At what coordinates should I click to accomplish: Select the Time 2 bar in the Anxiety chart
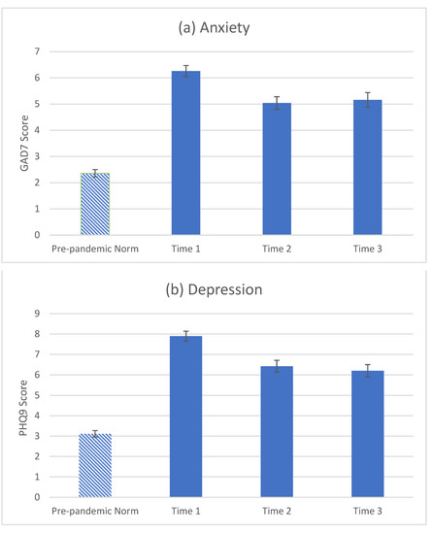tap(283, 169)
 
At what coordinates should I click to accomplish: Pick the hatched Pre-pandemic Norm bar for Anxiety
tap(95, 204)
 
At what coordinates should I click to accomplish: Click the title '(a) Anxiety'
tap(216, 27)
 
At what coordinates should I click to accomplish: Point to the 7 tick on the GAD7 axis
tap(36, 50)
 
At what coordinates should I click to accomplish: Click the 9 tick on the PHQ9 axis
tap(36, 314)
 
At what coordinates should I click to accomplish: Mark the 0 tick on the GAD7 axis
tap(36, 235)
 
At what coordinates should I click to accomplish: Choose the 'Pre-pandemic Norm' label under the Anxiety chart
tap(95, 250)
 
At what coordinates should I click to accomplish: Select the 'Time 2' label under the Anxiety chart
tap(283, 250)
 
